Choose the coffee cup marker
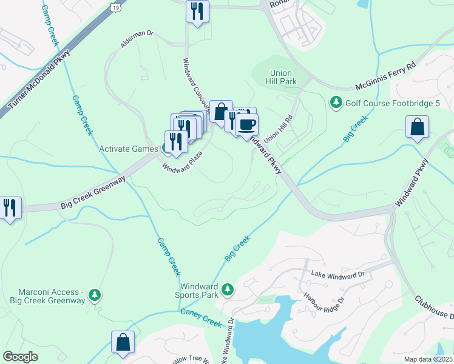pos(246,125)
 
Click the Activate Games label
pos(129,149)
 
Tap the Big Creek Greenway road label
pos(92,192)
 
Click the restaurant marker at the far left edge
pos(10,208)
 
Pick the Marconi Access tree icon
pos(95,295)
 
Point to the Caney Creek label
pos(202,315)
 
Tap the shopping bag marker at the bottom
pos(123,342)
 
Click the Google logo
pos(21,357)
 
